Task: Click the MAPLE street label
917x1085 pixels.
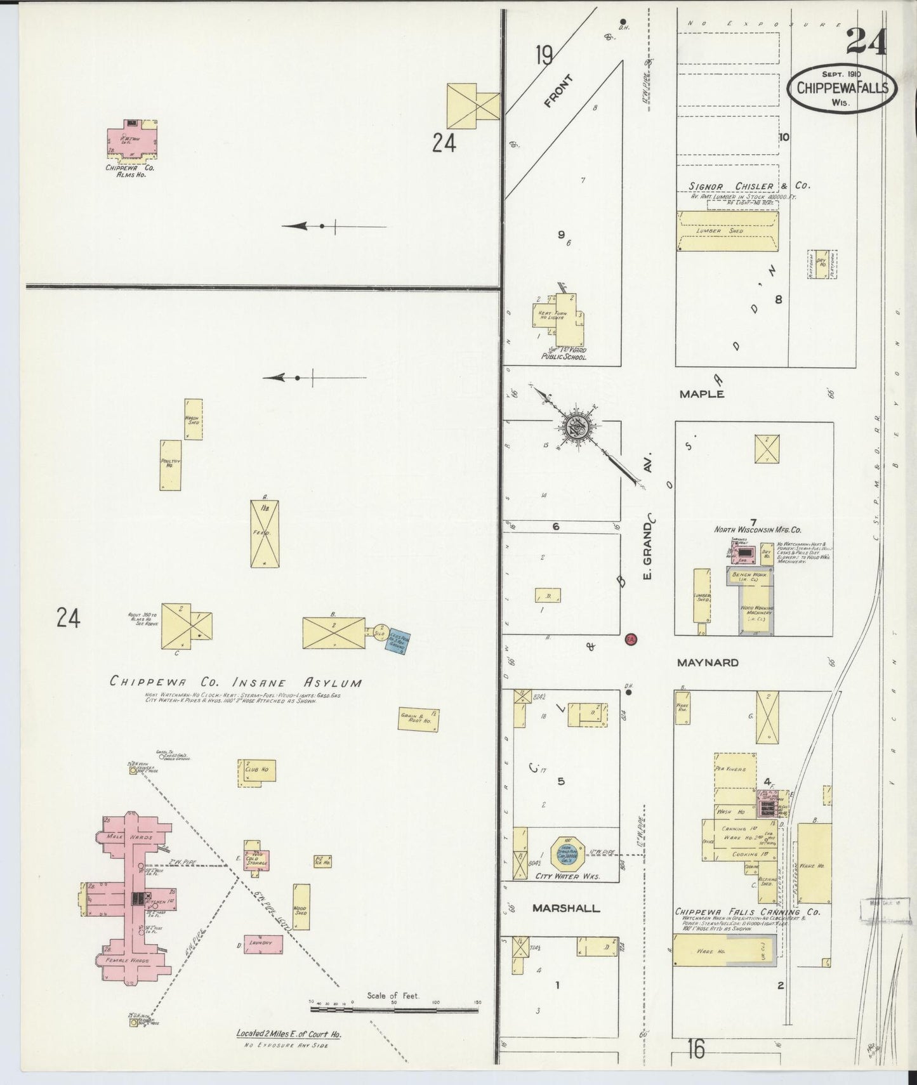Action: coord(701,394)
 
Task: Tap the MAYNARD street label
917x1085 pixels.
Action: coord(708,662)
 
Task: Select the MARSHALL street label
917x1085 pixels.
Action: coord(566,908)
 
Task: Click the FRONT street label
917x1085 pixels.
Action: coord(558,91)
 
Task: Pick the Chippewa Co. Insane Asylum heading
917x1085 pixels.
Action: coord(236,683)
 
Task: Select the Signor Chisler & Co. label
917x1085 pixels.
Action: coord(749,186)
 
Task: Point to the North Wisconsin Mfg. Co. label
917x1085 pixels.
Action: coord(758,529)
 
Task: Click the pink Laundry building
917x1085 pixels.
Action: coord(262,943)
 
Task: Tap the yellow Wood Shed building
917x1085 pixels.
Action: coord(301,907)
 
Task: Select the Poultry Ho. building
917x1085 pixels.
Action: coord(170,465)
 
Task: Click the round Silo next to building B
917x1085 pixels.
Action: coord(379,633)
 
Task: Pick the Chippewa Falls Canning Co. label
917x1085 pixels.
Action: coord(748,912)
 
